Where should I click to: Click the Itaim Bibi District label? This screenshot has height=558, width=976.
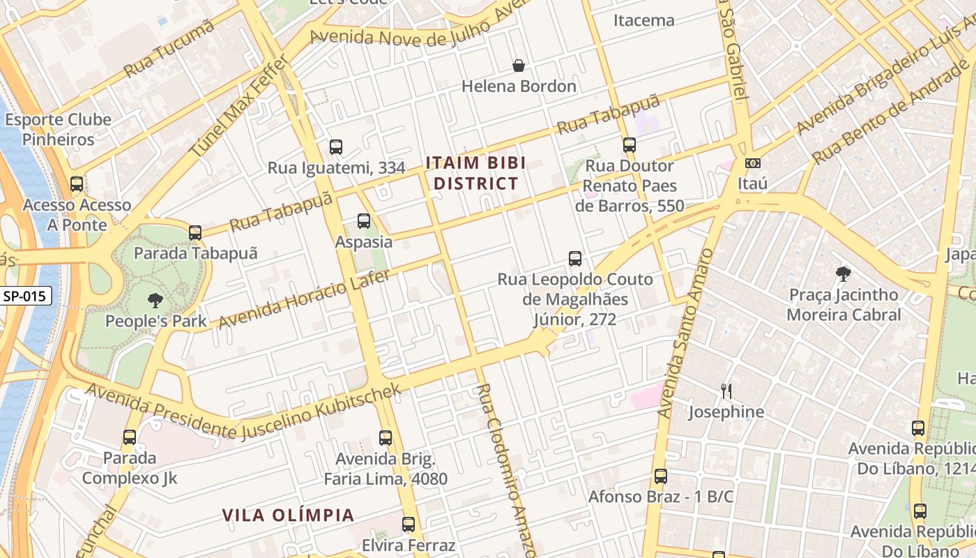[x=472, y=173]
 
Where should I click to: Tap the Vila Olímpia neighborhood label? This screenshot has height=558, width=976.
[x=288, y=515]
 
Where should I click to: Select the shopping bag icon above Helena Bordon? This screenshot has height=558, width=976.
[x=519, y=66]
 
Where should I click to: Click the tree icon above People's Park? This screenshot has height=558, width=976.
[x=155, y=301]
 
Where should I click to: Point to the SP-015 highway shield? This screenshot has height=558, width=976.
[x=25, y=296]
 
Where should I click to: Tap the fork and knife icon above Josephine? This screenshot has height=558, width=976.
[x=726, y=391]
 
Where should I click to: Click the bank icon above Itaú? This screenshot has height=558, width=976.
[x=752, y=163]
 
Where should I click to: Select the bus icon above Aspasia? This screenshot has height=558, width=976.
[x=363, y=221]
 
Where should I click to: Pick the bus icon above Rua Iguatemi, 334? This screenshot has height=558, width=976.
[x=336, y=147]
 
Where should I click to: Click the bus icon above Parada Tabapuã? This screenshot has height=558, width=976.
[x=195, y=232]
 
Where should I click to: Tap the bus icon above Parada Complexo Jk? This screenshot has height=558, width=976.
[x=130, y=437]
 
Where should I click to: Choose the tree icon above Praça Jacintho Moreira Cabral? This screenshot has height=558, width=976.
[x=844, y=274]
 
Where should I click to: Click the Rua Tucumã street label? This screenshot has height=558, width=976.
[x=169, y=48]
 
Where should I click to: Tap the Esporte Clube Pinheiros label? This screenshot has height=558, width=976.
[x=58, y=129]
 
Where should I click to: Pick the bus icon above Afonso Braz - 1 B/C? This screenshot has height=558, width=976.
[x=661, y=476]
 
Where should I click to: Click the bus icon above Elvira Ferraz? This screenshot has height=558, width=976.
[x=409, y=524]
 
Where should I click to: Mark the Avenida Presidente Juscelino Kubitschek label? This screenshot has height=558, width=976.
[x=244, y=412]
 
